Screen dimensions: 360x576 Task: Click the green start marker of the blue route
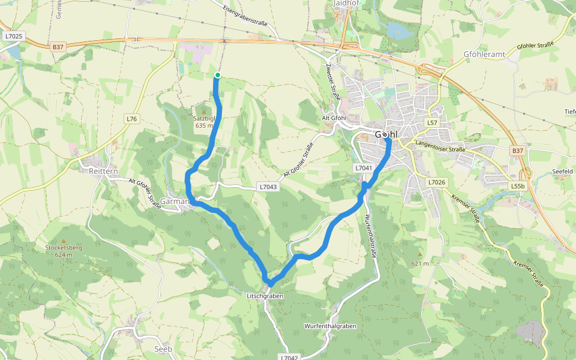click(x=218, y=75)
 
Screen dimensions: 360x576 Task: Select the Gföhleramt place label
click(x=484, y=53)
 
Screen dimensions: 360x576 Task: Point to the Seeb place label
click(x=163, y=349)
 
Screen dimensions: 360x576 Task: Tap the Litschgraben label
click(x=264, y=296)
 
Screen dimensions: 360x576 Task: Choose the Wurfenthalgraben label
click(x=331, y=326)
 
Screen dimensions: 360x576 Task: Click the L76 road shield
click(x=132, y=119)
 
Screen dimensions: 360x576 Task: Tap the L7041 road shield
click(x=364, y=168)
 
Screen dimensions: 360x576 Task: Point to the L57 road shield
click(x=431, y=122)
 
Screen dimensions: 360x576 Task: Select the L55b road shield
click(x=517, y=186)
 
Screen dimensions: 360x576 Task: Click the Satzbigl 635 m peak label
click(x=203, y=122)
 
